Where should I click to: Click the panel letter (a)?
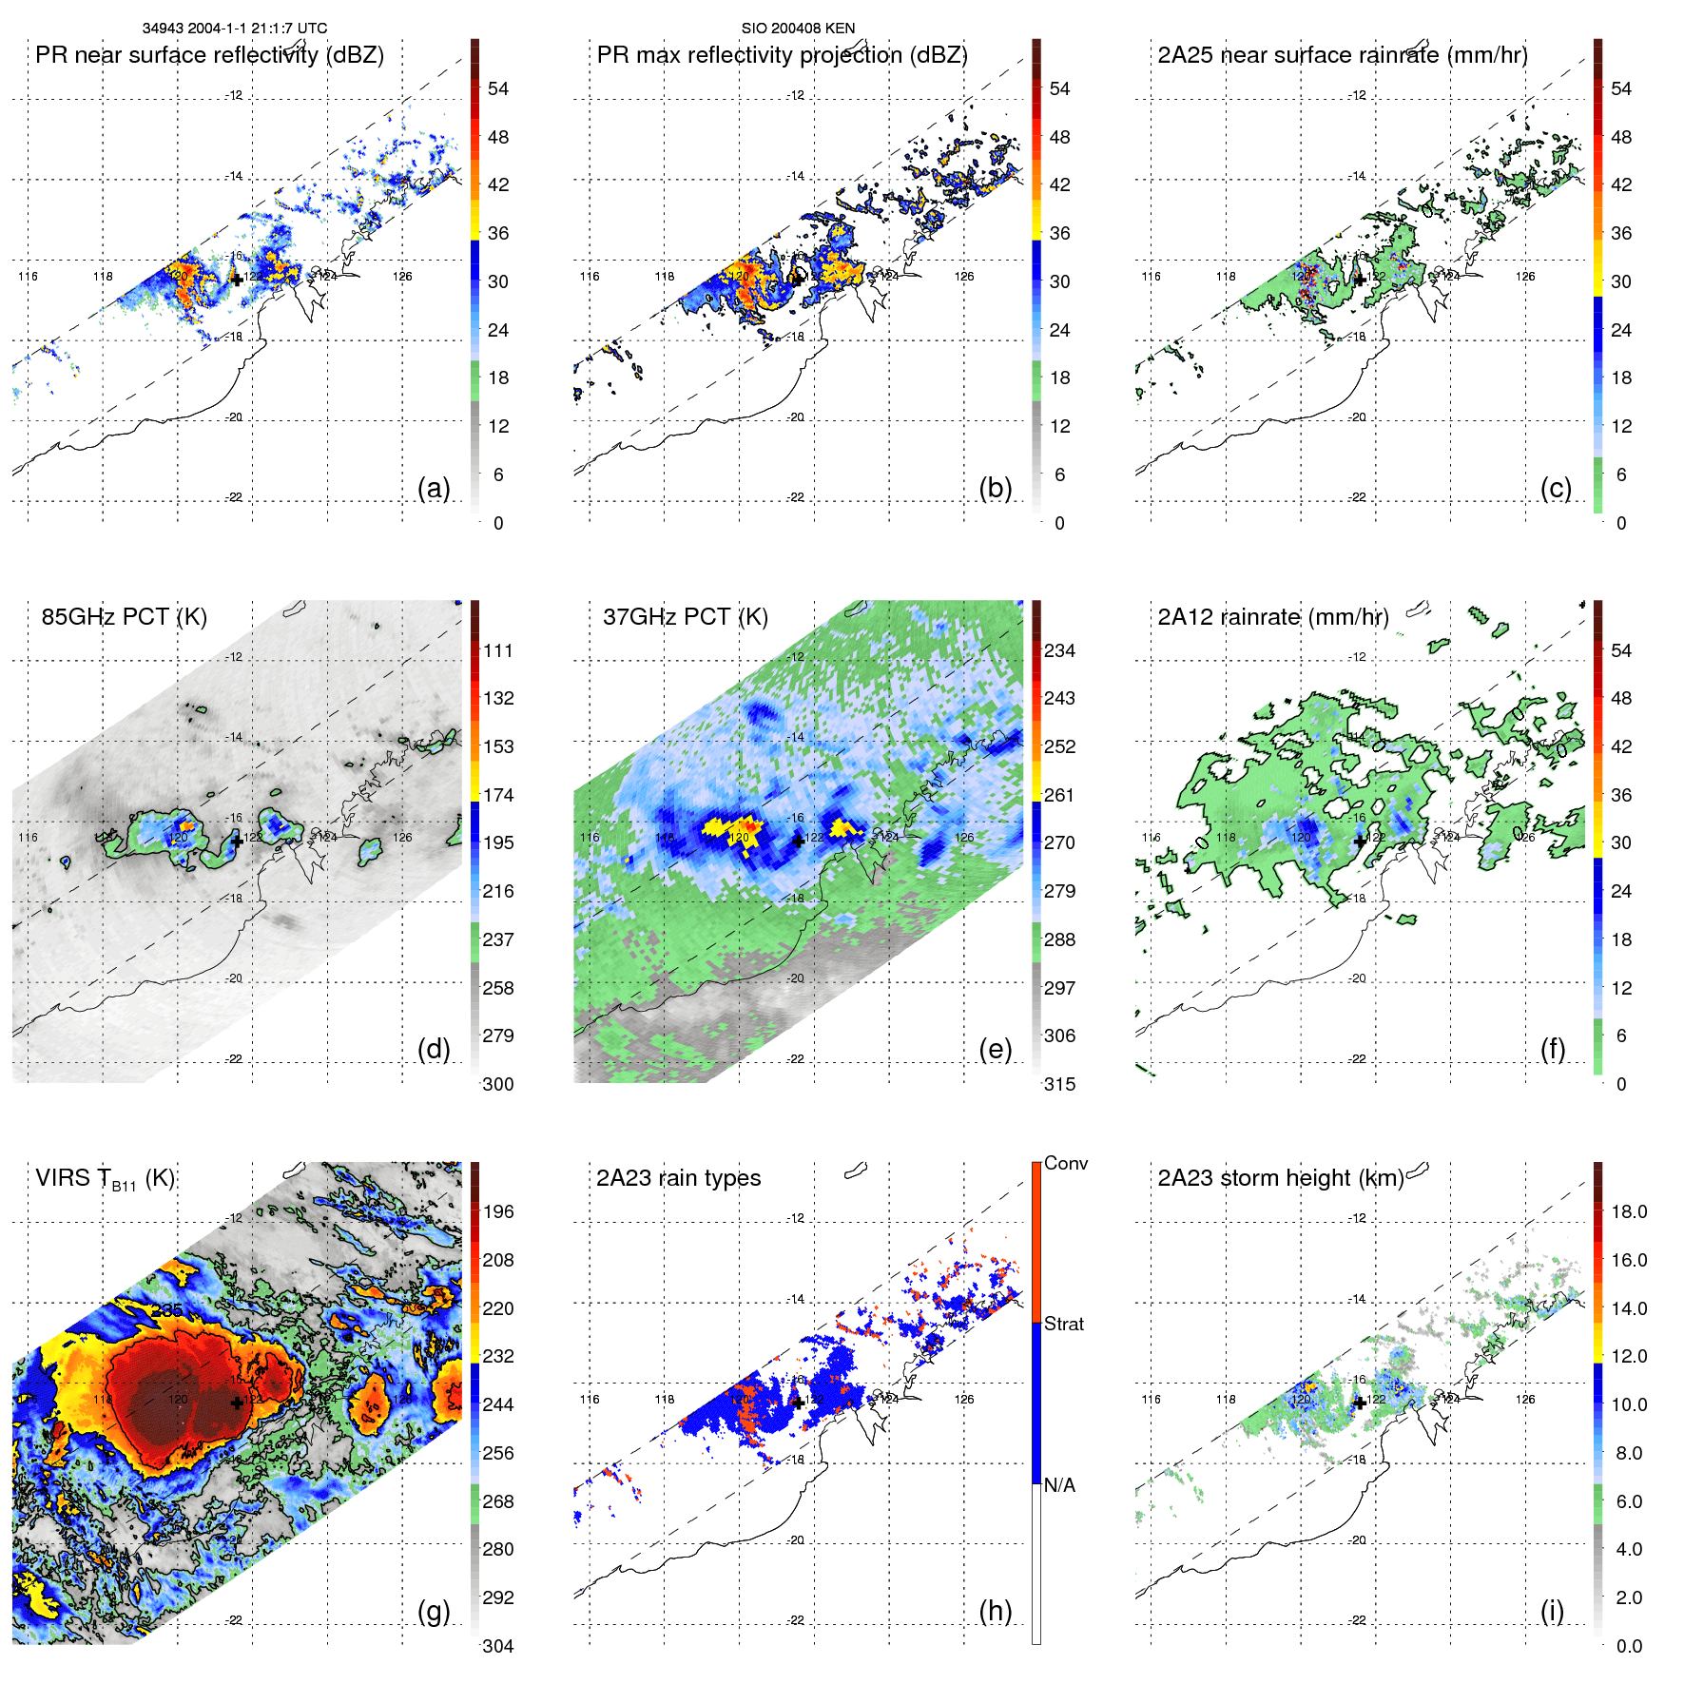[x=434, y=489]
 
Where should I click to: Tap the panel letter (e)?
[x=995, y=1050]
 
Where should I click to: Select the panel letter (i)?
[x=1552, y=1611]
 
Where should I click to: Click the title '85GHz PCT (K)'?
[x=124, y=617]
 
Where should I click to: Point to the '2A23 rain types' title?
[x=678, y=1178]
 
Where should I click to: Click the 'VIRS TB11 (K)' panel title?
[x=105, y=1179]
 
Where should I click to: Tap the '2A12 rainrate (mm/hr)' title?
[x=1273, y=617]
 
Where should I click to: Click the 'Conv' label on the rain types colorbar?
[x=1065, y=1163]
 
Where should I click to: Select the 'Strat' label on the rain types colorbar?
[x=1063, y=1324]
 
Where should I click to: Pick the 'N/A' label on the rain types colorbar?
[x=1059, y=1485]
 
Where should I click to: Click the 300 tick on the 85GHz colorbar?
[x=497, y=1084]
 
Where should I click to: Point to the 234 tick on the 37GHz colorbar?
[x=1059, y=650]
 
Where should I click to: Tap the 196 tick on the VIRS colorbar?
[x=497, y=1211]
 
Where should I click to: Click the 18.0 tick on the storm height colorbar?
[x=1628, y=1211]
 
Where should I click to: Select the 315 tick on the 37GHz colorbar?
[x=1059, y=1084]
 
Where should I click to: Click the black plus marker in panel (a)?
[x=237, y=280]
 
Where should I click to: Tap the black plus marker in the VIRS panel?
[x=237, y=1403]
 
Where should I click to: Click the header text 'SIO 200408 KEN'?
[x=798, y=29]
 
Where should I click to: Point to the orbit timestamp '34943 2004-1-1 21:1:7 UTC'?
[x=234, y=29]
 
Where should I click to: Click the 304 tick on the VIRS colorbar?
[x=497, y=1646]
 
